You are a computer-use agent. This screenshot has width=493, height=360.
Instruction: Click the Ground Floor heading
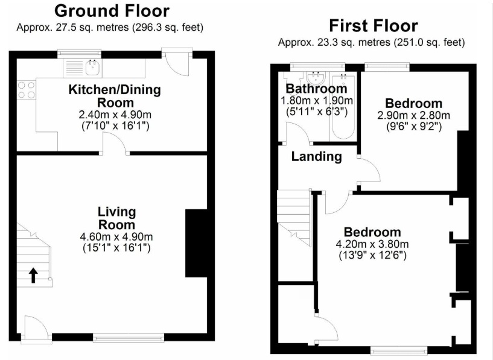click(x=112, y=11)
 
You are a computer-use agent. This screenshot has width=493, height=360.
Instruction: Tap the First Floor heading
click(x=373, y=26)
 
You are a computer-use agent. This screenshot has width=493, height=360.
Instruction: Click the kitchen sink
click(x=94, y=68)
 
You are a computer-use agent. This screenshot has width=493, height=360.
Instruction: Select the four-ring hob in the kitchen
click(x=27, y=90)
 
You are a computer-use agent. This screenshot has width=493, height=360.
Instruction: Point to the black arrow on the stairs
click(x=33, y=275)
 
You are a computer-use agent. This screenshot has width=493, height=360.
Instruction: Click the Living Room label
click(x=116, y=218)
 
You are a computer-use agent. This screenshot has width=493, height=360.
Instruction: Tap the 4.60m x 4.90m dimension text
click(x=116, y=236)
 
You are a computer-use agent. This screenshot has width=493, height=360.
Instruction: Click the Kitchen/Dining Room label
click(x=115, y=96)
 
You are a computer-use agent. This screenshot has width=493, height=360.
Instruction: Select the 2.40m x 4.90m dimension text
click(x=115, y=115)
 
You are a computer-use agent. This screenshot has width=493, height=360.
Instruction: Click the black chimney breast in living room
click(x=196, y=243)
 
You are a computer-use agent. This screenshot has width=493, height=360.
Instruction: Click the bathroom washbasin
click(x=316, y=77)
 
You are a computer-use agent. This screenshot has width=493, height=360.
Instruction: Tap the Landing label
click(x=317, y=156)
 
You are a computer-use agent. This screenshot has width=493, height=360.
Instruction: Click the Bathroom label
click(x=316, y=89)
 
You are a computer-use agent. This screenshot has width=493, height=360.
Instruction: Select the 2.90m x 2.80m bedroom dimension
click(x=414, y=115)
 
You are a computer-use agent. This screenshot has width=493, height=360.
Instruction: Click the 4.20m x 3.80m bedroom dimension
click(x=372, y=244)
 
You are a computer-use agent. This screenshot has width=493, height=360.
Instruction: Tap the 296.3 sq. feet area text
click(x=168, y=28)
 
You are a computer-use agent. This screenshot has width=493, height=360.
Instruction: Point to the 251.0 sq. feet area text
click(x=430, y=42)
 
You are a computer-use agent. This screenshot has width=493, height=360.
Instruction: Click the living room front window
click(x=129, y=338)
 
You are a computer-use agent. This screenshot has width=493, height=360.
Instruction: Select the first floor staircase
click(x=294, y=217)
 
